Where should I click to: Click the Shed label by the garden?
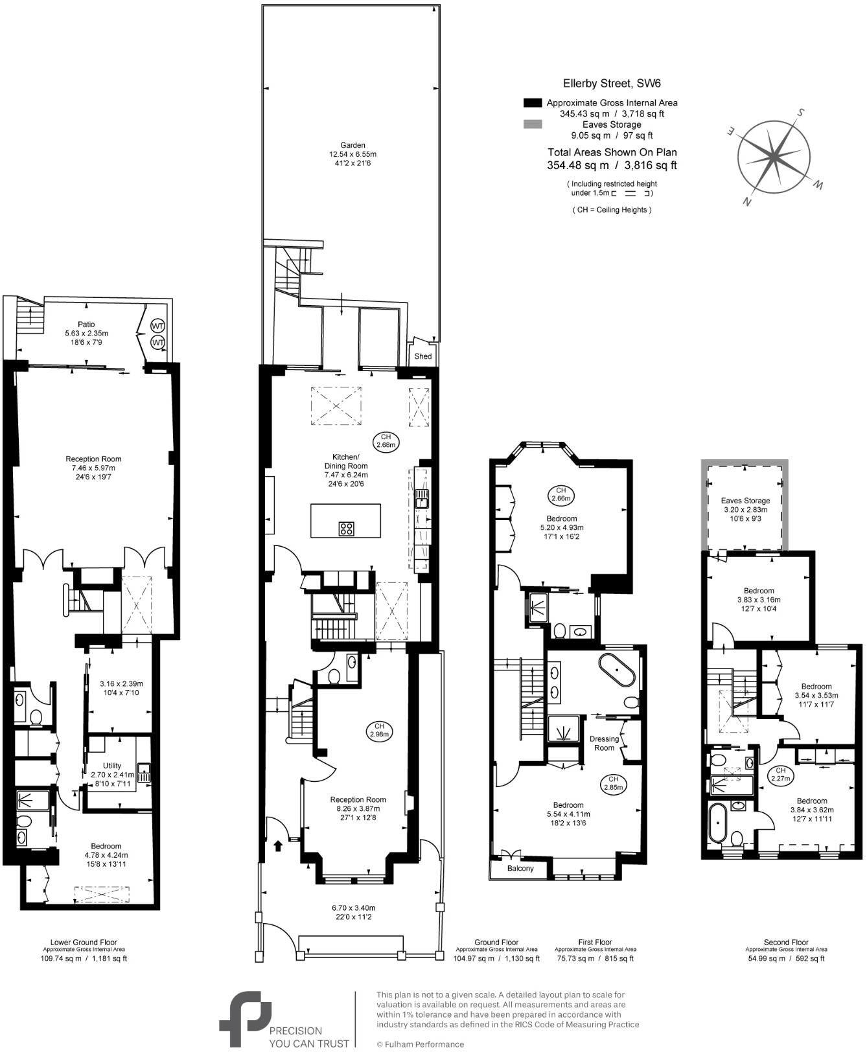(x=422, y=356)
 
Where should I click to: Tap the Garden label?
(x=353, y=145)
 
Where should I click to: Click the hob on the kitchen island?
(x=346, y=528)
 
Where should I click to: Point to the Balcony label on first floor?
(x=520, y=868)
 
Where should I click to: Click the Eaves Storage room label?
(x=745, y=501)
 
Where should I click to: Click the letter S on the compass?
(x=801, y=112)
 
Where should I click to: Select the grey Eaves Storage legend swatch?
(x=532, y=124)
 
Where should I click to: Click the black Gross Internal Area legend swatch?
(x=532, y=103)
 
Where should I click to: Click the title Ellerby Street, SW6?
(x=603, y=83)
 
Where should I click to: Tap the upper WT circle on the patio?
(x=157, y=325)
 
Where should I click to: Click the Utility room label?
(x=112, y=766)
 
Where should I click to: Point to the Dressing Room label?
(x=604, y=743)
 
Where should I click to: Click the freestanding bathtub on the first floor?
(x=616, y=670)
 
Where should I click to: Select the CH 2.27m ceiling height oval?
(x=780, y=775)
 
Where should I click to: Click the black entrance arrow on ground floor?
(x=279, y=845)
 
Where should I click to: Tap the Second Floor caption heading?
(x=785, y=942)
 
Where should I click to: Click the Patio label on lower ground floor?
(x=86, y=324)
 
